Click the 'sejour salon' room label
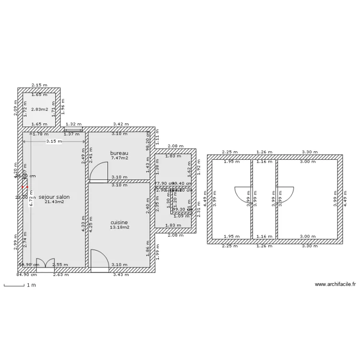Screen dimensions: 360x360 pos(54,197)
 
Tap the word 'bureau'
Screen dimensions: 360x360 pos(119,153)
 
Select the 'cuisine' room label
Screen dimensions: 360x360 pos(119,222)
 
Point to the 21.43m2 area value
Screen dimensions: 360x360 pos(54,202)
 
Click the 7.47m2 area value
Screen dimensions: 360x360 pos(119,158)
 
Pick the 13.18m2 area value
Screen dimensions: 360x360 pos(119,227)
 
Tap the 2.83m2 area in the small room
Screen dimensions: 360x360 pos(39,109)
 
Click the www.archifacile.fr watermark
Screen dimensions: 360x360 pos(335,284)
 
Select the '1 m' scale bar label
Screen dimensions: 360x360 pos(31,285)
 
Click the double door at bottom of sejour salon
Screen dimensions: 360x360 pos(46,264)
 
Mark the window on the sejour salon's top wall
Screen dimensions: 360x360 pos(73,129)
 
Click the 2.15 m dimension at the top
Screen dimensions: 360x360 pos(39,85)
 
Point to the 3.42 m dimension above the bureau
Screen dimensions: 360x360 pos(121,124)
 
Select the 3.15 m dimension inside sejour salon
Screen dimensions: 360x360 pos(54,141)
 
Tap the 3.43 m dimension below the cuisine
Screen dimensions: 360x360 pos(121,275)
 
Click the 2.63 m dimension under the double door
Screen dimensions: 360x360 pos(61,275)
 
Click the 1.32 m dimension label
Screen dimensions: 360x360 pos(73,124)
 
